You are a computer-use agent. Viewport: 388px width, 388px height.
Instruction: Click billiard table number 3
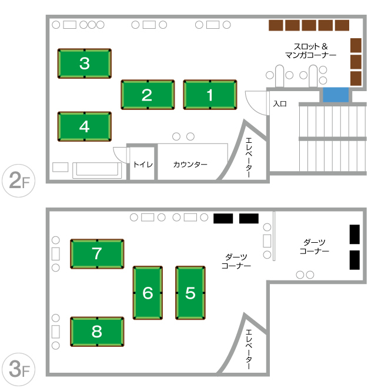point(85,63)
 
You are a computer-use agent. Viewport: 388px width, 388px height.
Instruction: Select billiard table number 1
point(210,95)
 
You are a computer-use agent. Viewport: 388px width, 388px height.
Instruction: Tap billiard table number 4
point(85,126)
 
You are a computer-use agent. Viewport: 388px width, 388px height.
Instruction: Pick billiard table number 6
point(148,293)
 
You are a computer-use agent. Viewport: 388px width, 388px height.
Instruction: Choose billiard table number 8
point(97,332)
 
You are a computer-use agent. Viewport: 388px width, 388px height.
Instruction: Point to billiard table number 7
point(97,254)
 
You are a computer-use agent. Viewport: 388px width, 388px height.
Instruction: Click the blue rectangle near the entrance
point(336,95)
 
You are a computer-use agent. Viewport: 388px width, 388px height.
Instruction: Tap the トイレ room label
point(143,165)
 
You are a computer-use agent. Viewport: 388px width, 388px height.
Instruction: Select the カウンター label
point(190,165)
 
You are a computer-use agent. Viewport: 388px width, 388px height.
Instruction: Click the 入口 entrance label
point(280,103)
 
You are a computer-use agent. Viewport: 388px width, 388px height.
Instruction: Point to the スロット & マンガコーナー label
point(310,51)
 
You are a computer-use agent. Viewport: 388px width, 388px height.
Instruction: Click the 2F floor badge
point(19,180)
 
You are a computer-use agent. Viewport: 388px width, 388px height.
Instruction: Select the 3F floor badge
point(19,369)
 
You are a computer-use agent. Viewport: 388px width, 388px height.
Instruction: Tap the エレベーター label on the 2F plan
point(249,158)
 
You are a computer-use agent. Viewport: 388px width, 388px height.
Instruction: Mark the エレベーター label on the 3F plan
point(249,349)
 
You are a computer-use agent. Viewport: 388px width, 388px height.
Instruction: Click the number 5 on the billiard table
point(190,293)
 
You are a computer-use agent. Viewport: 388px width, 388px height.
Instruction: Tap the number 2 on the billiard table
point(147,95)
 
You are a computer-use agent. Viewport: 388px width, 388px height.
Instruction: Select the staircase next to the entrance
point(333,139)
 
